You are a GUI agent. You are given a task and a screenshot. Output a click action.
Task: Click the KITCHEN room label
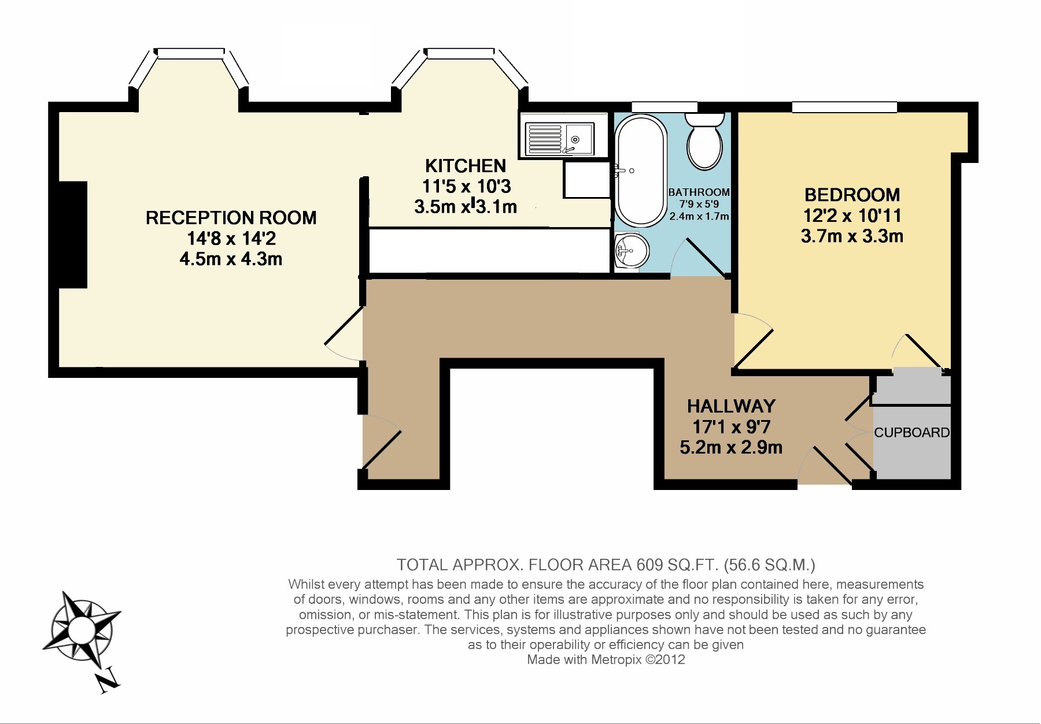pos(466,166)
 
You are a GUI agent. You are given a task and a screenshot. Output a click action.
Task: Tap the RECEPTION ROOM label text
pos(231,218)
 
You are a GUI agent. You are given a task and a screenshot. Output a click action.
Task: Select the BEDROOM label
pos(852,195)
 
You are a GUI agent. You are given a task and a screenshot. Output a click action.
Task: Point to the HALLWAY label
pos(731,406)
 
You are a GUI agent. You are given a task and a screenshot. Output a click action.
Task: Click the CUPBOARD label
pos(911,433)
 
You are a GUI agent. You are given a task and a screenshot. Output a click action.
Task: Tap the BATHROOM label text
pos(699,192)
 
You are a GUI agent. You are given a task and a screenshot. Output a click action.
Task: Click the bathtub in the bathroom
pos(640,170)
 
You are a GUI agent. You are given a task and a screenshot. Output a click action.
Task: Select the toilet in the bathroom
pos(704,142)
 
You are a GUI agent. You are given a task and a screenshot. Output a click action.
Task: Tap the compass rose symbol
pos(81,628)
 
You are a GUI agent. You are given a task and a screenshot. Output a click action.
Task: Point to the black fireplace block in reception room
pos(73,235)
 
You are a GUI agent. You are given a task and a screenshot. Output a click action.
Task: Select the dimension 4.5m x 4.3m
pos(231,259)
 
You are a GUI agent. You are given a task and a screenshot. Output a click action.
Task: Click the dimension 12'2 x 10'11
pos(852,216)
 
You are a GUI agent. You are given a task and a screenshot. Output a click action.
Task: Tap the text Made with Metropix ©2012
pos(606,660)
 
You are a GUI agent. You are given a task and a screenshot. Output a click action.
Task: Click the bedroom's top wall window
pos(844,107)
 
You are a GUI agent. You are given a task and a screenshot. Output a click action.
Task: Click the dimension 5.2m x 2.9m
pos(731,447)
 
